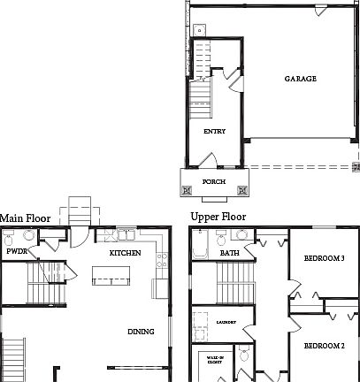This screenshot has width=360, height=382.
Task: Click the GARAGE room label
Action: [x=300, y=79]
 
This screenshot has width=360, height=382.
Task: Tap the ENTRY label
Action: [x=214, y=132]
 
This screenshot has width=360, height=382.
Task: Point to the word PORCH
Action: [x=214, y=182]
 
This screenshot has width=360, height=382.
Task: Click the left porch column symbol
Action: [x=188, y=189]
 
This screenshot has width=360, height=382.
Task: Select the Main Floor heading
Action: [x=25, y=218]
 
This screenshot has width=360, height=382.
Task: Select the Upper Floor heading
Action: [x=218, y=217]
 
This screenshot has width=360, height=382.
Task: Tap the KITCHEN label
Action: [x=125, y=253]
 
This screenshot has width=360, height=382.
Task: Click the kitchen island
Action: [x=111, y=280]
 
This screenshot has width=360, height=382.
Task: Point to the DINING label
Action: [x=141, y=332]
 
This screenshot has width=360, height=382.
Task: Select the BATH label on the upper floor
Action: [x=230, y=253]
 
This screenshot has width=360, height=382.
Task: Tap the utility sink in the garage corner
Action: [x=200, y=29]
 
